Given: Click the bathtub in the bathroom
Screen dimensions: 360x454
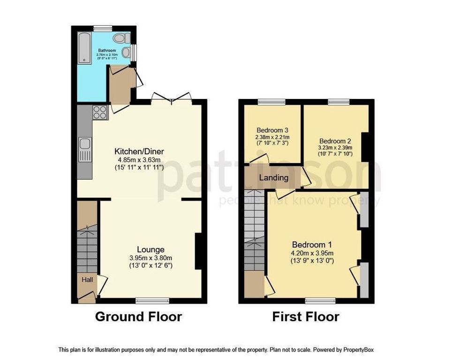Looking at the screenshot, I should (x=84, y=47).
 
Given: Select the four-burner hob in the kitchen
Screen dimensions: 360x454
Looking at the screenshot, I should (x=100, y=112).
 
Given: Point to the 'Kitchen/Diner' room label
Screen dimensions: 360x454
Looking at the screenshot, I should (x=139, y=151).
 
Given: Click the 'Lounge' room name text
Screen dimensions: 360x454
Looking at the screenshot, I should (x=151, y=249).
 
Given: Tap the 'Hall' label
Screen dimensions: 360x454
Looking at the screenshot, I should (x=88, y=280).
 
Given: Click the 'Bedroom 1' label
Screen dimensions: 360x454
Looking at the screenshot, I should (x=312, y=245).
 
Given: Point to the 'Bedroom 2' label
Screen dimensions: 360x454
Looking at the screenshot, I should (x=335, y=141).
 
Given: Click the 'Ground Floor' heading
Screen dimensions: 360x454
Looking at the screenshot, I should (x=138, y=317).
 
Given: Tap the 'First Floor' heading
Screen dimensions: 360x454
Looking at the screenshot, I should (x=306, y=317).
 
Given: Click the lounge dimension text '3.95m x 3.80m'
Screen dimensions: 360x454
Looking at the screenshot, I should (x=151, y=257).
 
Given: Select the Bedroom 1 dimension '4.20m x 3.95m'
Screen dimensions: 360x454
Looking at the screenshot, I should (x=312, y=253).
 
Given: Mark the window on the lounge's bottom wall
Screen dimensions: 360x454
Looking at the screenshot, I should (x=152, y=299).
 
